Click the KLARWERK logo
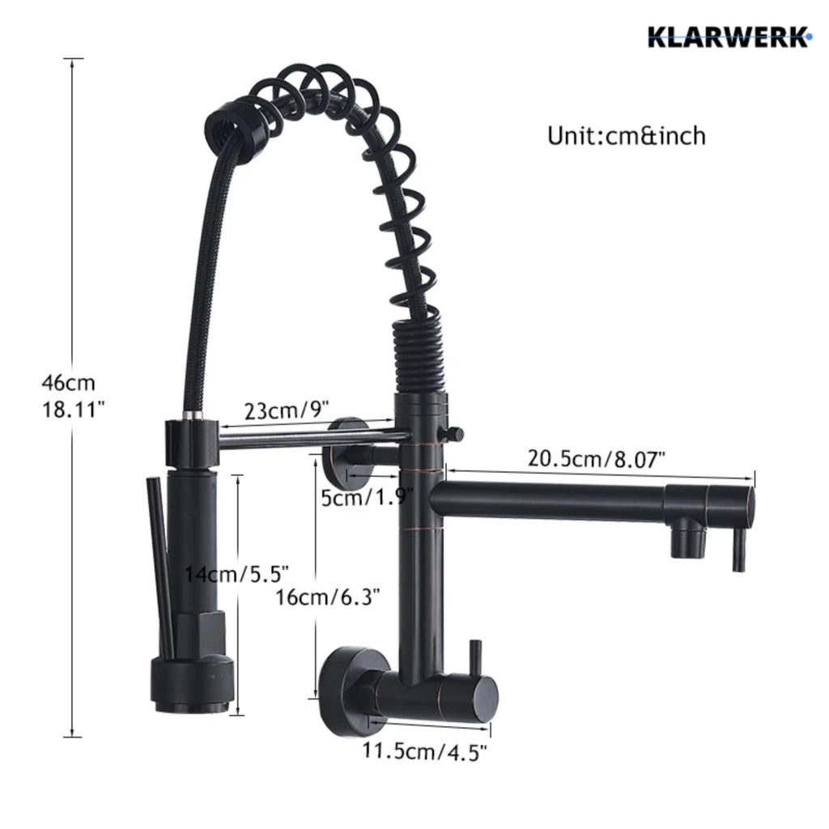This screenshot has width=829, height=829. coord(729,37)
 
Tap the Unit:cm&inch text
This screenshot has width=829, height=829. coord(627,136)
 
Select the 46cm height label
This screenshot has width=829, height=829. coord(69,382)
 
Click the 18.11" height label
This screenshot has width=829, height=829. coord(73,409)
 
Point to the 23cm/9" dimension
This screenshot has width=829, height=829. coord(287,410)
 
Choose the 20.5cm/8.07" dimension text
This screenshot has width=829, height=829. coord(597,458)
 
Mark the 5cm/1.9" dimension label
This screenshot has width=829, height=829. coord(368,497)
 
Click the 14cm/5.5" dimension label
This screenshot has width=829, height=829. coord(236,574)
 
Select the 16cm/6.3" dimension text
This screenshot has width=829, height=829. coord(328,597)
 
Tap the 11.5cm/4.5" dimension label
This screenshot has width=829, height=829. coord(424,750)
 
